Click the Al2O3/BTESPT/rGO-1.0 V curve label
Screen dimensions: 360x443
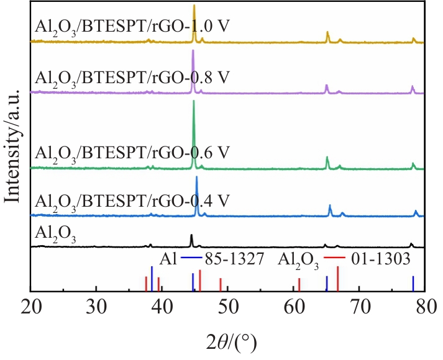pyautogui.click(x=133, y=28)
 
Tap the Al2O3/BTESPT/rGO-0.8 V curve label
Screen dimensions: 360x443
pyautogui.click(x=133, y=78)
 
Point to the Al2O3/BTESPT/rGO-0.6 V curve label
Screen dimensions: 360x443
pyautogui.click(x=133, y=152)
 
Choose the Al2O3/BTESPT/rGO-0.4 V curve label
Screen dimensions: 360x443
pyautogui.click(x=133, y=200)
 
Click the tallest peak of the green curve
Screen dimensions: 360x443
pyautogui.click(x=194, y=103)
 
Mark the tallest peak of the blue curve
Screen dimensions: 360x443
pyautogui.click(x=197, y=178)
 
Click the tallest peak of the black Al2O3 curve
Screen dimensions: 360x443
pyautogui.click(x=191, y=236)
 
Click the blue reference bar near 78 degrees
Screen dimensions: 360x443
pyautogui.click(x=413, y=284)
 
